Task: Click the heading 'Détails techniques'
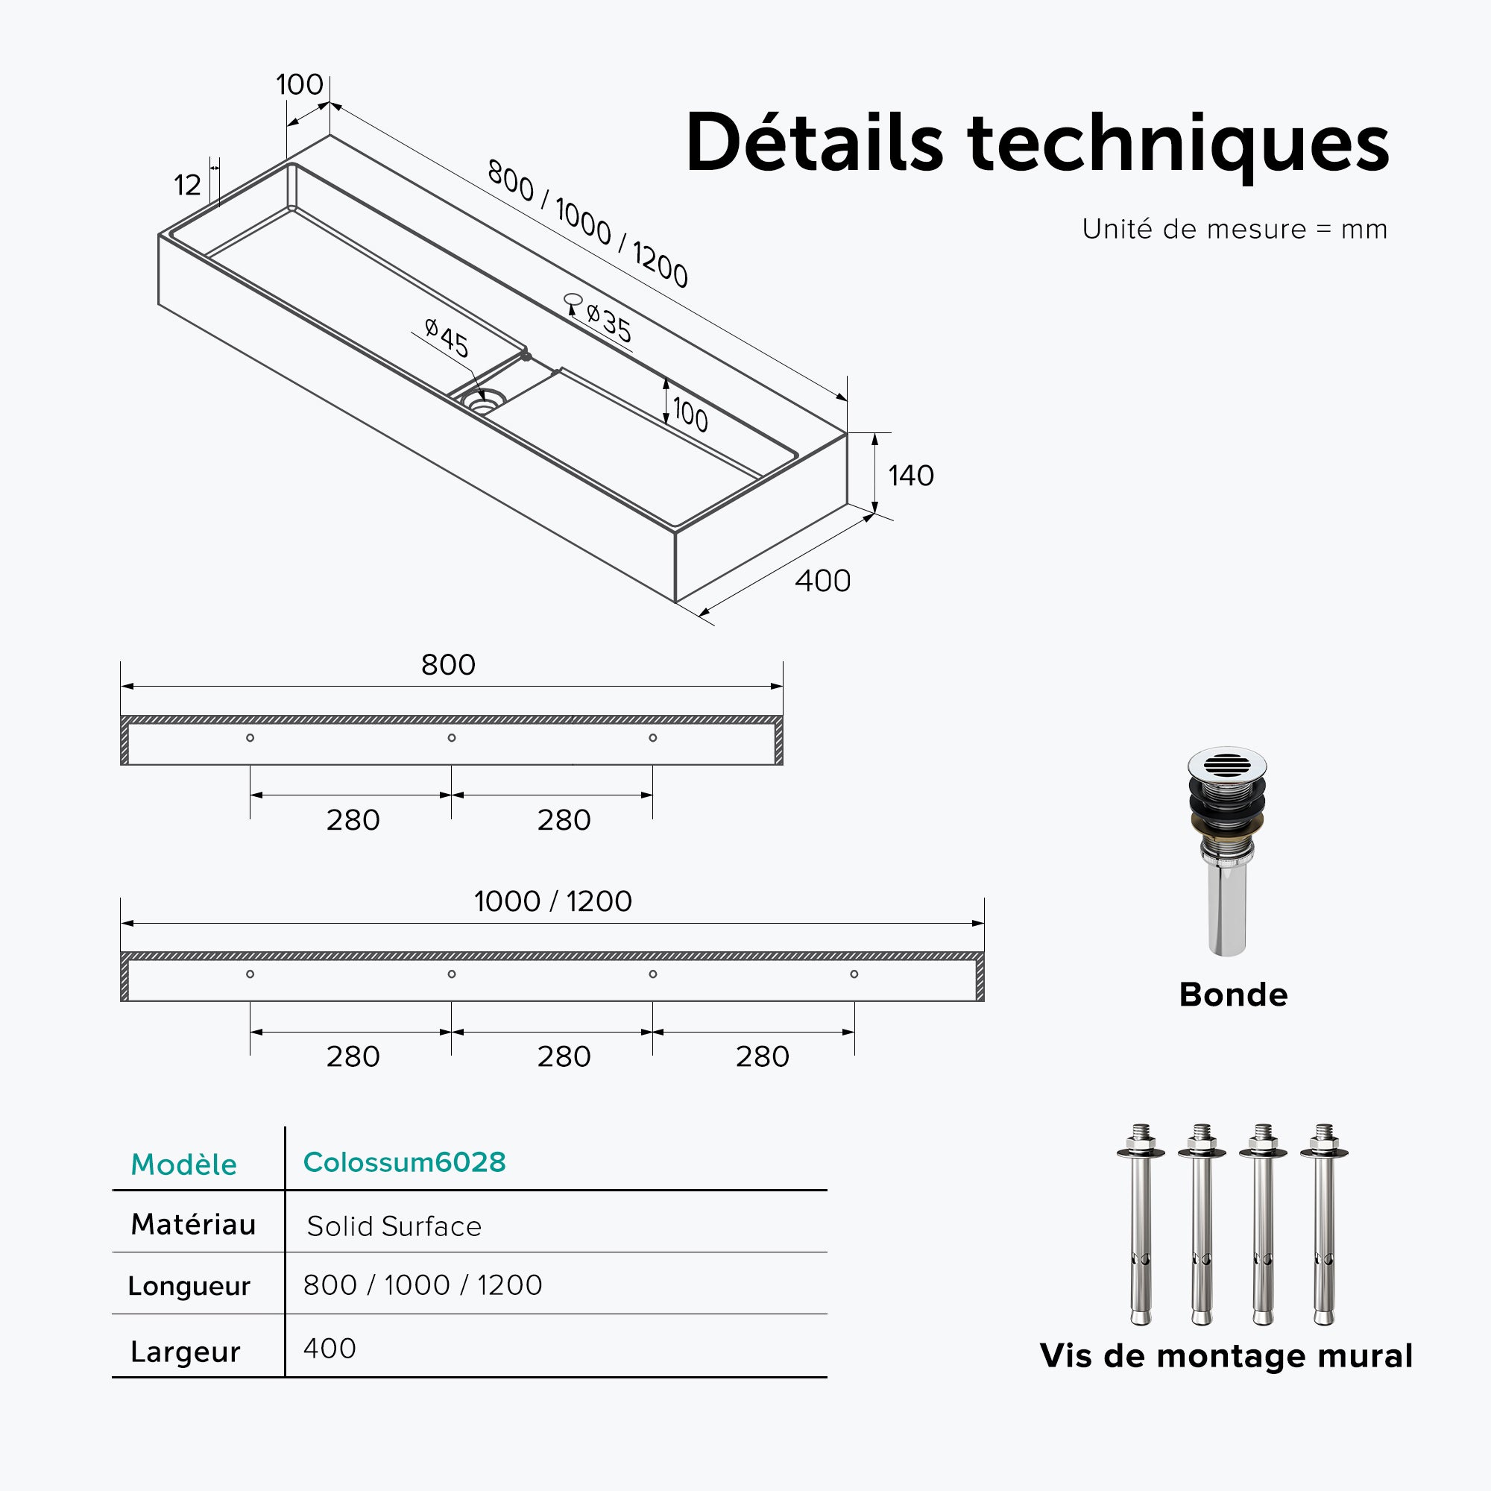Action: click(1036, 145)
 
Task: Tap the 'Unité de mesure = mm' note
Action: click(1235, 229)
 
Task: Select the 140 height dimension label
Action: click(911, 476)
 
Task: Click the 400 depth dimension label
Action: click(823, 581)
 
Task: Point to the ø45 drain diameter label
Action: click(447, 338)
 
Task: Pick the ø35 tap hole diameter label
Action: click(609, 323)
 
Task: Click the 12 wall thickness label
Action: click(187, 185)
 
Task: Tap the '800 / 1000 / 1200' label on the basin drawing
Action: click(587, 224)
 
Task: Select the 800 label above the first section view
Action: click(448, 664)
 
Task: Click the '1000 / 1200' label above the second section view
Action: click(553, 901)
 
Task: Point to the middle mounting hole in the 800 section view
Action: click(452, 738)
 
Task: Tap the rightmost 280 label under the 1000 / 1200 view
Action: click(763, 1056)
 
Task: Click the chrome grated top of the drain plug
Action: click(1227, 764)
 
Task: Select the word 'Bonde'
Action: click(1233, 994)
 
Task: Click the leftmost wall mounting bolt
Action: click(1141, 1225)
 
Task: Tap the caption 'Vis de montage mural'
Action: click(1226, 1356)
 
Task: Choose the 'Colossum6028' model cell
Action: click(404, 1161)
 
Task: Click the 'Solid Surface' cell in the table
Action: click(394, 1226)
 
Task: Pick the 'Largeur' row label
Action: click(185, 1352)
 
